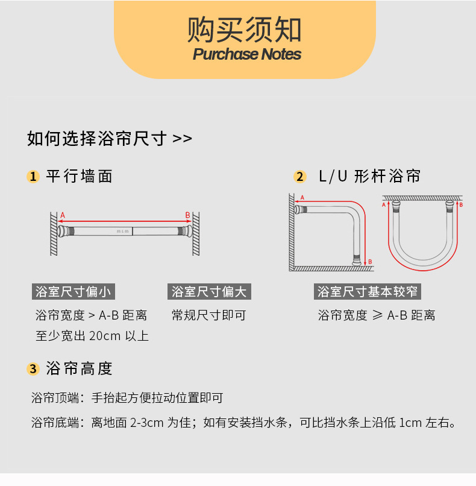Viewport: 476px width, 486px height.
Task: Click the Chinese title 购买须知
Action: (x=244, y=28)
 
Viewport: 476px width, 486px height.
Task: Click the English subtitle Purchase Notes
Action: (x=246, y=54)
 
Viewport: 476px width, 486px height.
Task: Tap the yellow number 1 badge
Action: (x=33, y=177)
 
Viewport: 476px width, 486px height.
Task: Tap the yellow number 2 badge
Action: (x=299, y=177)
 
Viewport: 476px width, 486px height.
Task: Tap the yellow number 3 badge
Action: (x=33, y=369)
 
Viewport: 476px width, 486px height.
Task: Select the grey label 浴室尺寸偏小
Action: (x=73, y=292)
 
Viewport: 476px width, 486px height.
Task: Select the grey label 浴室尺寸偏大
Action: (x=208, y=292)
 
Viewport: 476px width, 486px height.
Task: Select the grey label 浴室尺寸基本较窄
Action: (x=368, y=292)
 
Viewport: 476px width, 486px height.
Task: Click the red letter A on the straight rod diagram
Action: (x=63, y=215)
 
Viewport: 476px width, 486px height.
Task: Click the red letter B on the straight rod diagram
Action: (x=187, y=215)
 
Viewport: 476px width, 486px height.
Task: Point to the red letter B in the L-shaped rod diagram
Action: (x=370, y=262)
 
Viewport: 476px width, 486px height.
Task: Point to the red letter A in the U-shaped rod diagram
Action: (x=384, y=205)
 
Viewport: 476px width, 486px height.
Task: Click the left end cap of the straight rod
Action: (x=64, y=231)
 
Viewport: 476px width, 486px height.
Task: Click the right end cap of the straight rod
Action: (x=186, y=231)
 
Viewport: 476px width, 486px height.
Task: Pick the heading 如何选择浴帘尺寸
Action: (x=110, y=139)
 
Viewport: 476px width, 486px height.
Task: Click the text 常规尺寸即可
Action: (x=208, y=315)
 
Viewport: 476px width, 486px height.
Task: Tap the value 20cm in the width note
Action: (x=105, y=336)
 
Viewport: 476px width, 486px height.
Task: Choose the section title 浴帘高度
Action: (x=80, y=368)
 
